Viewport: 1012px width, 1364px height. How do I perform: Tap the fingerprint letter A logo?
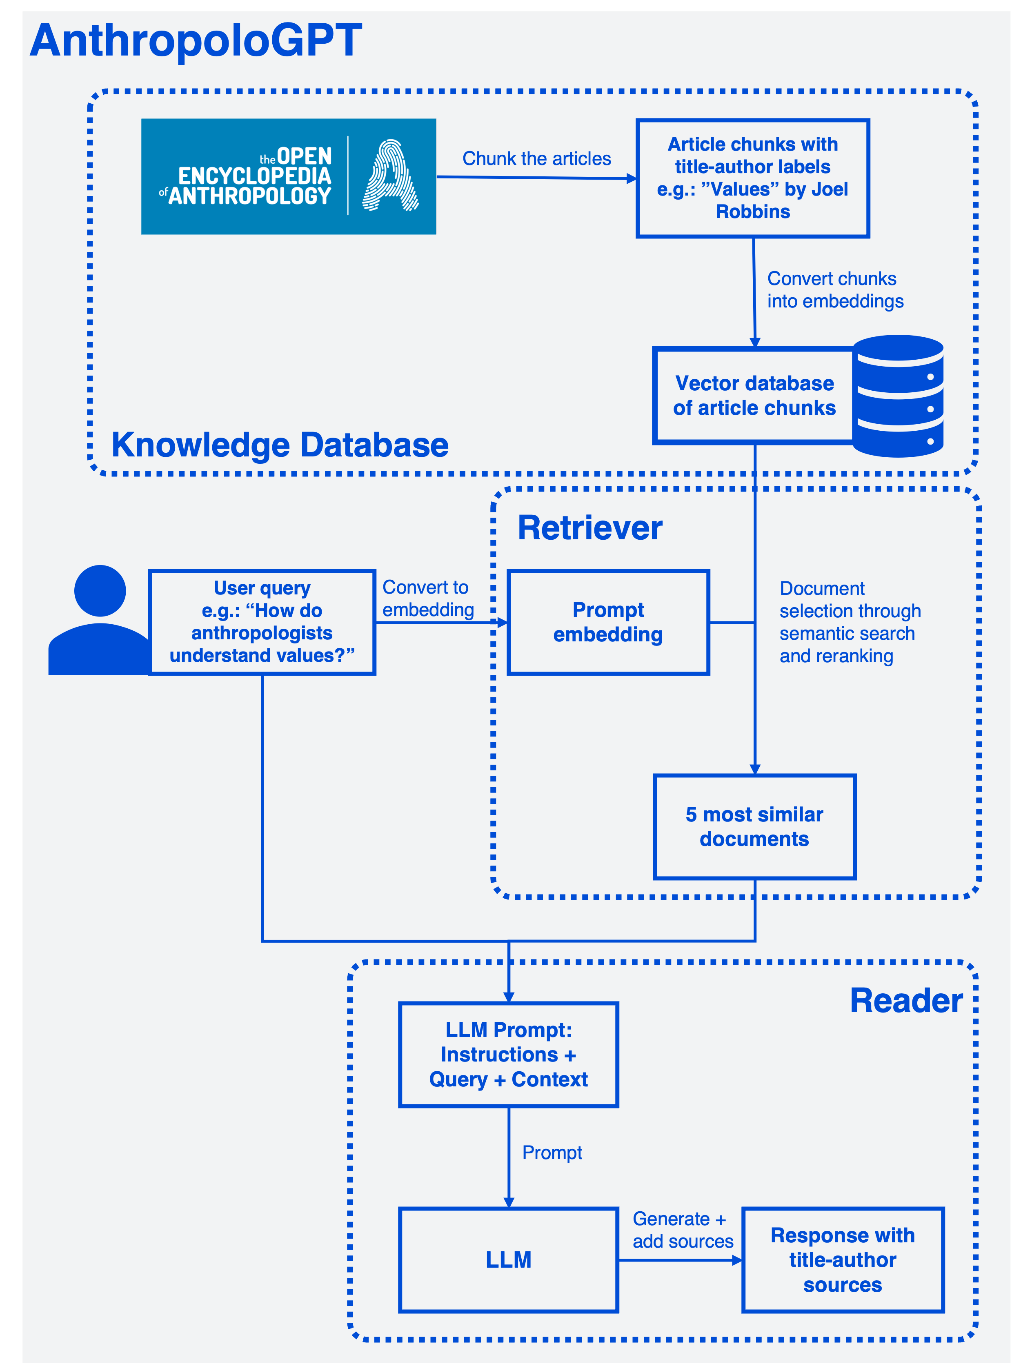(x=390, y=176)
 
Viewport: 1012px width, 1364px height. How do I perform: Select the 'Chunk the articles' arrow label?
(x=537, y=159)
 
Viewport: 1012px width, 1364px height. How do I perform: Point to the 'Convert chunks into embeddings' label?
(x=835, y=290)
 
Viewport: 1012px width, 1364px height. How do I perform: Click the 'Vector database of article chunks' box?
(x=754, y=396)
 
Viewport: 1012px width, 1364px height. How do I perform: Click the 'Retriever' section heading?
(x=590, y=528)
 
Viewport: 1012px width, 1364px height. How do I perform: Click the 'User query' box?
(x=262, y=622)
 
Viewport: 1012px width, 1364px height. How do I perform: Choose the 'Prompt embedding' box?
(x=608, y=622)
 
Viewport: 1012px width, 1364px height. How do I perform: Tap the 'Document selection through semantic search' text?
(x=850, y=622)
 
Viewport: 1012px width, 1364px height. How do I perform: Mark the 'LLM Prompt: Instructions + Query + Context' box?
(x=509, y=1055)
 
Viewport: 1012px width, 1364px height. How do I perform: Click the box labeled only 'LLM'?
(x=509, y=1260)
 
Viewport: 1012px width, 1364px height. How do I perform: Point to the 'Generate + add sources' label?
(x=683, y=1230)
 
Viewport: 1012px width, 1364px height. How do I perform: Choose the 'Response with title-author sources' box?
(x=843, y=1260)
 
